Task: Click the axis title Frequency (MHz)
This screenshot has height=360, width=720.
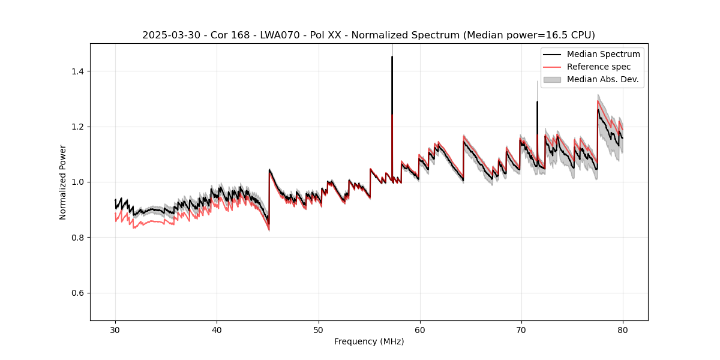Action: (369, 341)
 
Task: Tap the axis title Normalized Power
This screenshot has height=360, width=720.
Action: (63, 182)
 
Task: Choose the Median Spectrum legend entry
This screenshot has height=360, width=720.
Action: (603, 54)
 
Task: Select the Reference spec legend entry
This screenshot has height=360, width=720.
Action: (599, 67)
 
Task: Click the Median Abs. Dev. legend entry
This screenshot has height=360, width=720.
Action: (602, 79)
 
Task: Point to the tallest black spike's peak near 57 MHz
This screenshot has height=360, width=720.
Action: (392, 57)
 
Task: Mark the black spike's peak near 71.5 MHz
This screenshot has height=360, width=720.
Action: (537, 102)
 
